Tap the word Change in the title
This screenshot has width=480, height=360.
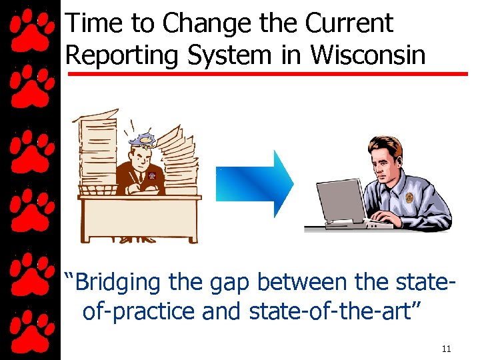197,23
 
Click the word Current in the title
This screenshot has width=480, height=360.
349,23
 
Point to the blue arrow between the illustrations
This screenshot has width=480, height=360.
255,183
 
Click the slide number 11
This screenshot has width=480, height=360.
446,349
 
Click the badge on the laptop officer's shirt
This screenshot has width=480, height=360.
409,197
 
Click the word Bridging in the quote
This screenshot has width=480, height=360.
117,283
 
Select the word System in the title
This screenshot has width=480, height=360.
232,55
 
